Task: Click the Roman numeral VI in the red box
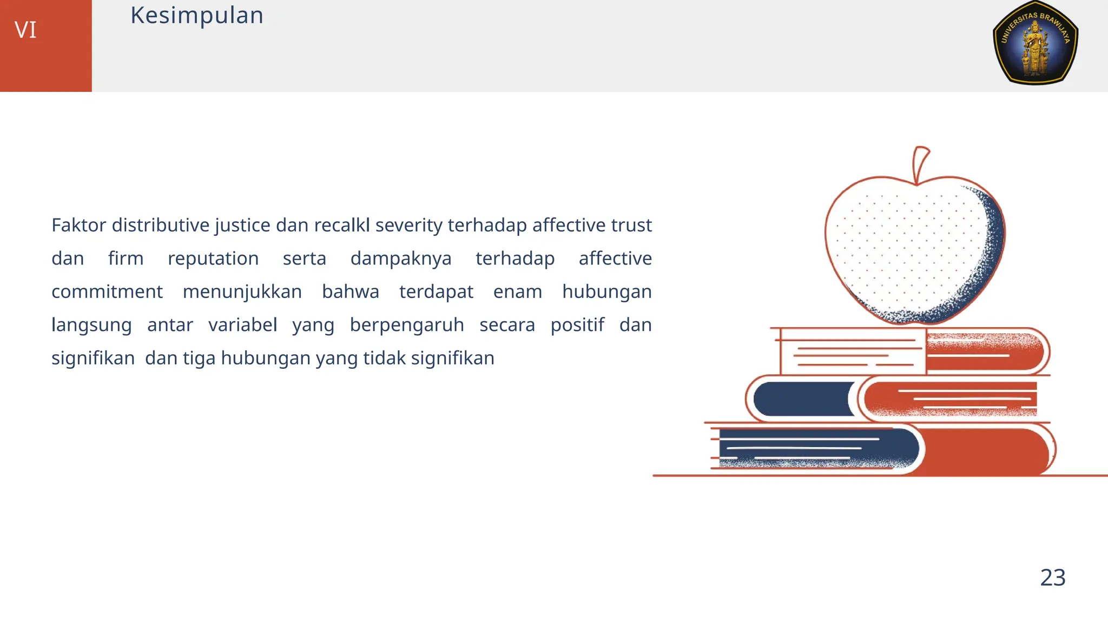click(25, 30)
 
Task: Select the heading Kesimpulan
click(196, 15)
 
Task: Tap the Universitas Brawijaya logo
click(1035, 43)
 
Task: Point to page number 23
click(1052, 578)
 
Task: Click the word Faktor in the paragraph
click(78, 225)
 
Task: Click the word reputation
click(213, 259)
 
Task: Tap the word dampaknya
click(400, 259)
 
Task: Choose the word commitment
click(107, 291)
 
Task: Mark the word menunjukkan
click(242, 291)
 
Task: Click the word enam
click(517, 291)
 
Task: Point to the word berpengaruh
click(406, 325)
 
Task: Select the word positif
click(577, 325)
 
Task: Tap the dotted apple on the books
click(909, 249)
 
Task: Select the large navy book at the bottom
click(817, 448)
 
